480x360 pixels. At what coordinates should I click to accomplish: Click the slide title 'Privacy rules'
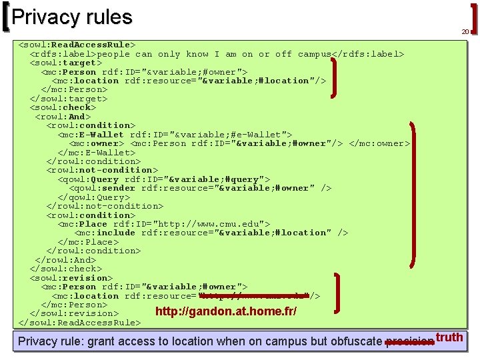(x=72, y=17)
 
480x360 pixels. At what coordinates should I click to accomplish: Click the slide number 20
(x=465, y=32)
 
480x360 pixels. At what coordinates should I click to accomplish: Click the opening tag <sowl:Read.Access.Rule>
(x=77, y=45)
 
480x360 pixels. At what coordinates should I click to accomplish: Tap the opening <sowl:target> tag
(x=65, y=63)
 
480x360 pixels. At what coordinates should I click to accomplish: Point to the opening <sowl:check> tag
(x=63, y=107)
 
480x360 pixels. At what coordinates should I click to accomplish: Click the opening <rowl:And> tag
(x=63, y=117)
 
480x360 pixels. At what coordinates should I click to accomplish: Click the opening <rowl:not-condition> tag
(x=102, y=170)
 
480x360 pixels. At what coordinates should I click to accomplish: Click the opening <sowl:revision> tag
(x=71, y=278)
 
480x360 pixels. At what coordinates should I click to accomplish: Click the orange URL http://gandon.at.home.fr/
(x=225, y=312)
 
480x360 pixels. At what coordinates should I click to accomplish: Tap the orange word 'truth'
(x=450, y=337)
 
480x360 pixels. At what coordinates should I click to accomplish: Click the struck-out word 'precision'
(x=409, y=342)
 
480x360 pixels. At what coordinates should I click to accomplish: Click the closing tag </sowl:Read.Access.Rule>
(x=79, y=323)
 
